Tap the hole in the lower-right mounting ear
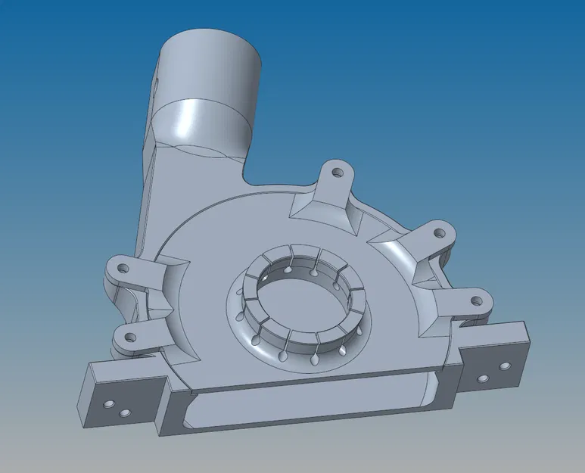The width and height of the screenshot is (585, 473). (x=477, y=300)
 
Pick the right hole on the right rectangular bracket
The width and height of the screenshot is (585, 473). (x=500, y=367)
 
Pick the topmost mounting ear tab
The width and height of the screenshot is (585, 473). (x=335, y=178)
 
